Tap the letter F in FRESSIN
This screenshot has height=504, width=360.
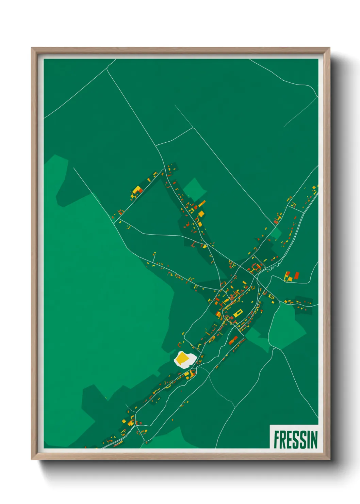click(x=277, y=440)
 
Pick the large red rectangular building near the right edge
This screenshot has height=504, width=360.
click(x=296, y=275)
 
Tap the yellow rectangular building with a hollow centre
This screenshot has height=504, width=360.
click(x=237, y=313)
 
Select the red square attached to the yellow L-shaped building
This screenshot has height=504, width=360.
click(x=140, y=191)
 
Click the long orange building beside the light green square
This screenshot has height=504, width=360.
click(x=202, y=203)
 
